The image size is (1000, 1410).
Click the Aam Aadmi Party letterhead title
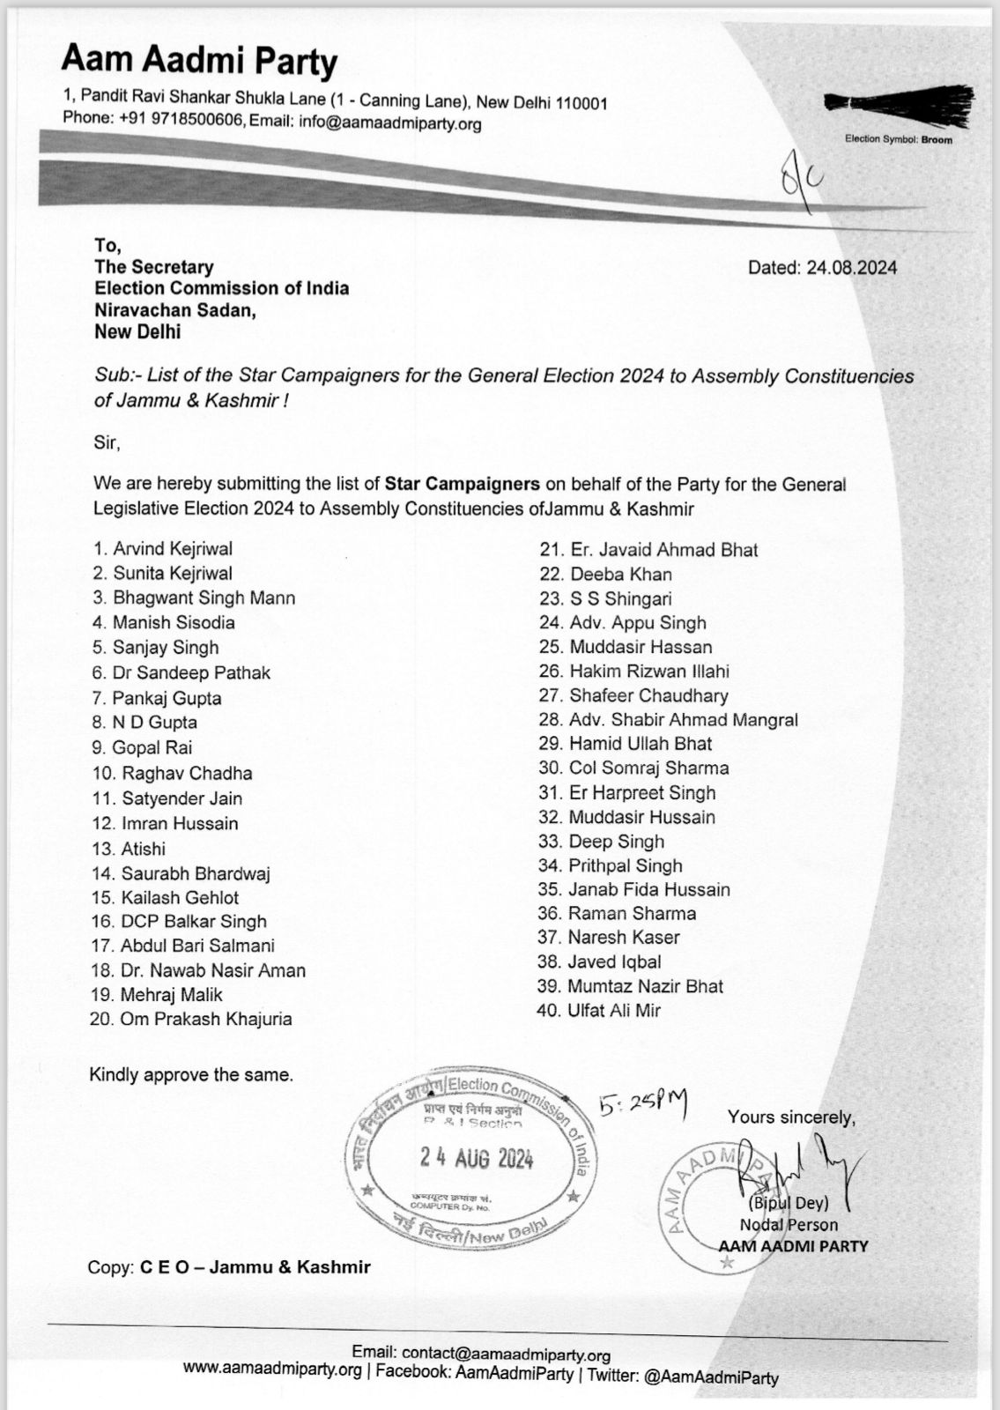click(199, 62)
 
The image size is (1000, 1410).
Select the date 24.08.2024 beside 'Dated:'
click(851, 268)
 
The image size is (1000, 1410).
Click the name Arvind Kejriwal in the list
click(173, 549)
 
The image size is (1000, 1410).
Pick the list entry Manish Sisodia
click(174, 622)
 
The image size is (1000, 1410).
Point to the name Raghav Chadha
click(187, 774)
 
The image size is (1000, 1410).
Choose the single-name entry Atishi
click(144, 849)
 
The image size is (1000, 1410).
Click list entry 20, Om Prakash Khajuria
click(206, 1019)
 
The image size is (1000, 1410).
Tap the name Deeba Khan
click(620, 574)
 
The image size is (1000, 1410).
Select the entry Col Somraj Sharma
click(648, 768)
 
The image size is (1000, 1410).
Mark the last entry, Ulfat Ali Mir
click(615, 1011)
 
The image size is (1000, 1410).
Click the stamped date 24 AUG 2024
click(477, 1158)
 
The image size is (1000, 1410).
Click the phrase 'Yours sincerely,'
click(791, 1117)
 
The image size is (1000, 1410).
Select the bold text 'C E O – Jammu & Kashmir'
click(255, 1267)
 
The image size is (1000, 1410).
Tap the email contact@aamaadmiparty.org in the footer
click(506, 1354)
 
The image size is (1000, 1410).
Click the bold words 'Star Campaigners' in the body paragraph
click(462, 484)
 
